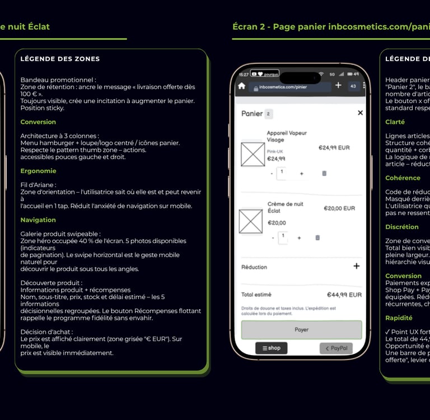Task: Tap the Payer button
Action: (301, 330)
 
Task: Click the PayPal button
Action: (336, 348)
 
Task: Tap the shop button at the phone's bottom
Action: (272, 348)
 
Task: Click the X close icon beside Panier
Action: (360, 113)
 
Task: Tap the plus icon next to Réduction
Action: (356, 266)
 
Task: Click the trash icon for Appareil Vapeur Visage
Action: (324, 174)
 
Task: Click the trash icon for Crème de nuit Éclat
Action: (317, 237)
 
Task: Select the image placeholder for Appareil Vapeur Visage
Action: (253, 153)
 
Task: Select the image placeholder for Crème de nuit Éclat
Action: (250, 221)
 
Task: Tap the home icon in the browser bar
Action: (241, 86)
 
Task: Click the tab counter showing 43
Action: (353, 86)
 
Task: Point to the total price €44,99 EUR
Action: (344, 295)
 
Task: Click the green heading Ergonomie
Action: (38, 171)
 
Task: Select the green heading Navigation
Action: (38, 220)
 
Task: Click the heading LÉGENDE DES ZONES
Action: (60, 59)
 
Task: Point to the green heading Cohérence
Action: (403, 178)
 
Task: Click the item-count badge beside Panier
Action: (268, 114)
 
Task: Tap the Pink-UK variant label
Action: (275, 151)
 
